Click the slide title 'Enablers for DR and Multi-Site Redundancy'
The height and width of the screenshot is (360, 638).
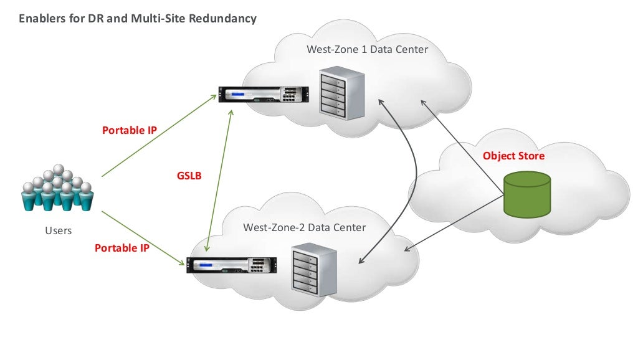pyautogui.click(x=137, y=19)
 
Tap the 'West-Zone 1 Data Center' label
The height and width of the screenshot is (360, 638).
pyautogui.click(x=368, y=49)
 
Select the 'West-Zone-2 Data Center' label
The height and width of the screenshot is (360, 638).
pyautogui.click(x=304, y=227)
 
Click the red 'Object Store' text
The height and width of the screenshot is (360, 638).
pyautogui.click(x=513, y=156)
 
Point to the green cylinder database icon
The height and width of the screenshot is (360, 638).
pyautogui.click(x=528, y=195)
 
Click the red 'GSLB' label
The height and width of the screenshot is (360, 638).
pyautogui.click(x=189, y=176)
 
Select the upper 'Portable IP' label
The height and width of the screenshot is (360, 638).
pyautogui.click(x=129, y=131)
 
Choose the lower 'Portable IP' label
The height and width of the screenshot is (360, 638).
pyautogui.click(x=121, y=248)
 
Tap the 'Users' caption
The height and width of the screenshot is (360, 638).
pyautogui.click(x=58, y=230)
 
